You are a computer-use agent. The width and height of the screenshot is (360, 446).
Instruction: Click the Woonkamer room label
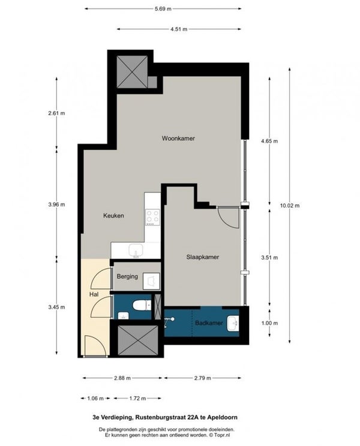point(178,138)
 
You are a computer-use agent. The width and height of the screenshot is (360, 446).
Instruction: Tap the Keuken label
point(113,216)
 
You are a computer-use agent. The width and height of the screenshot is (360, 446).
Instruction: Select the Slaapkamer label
point(203,257)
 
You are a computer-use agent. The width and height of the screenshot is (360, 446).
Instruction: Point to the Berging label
point(127,276)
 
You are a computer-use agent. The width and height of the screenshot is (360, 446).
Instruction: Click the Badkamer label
point(209,323)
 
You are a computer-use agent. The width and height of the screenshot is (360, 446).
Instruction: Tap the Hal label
point(94,294)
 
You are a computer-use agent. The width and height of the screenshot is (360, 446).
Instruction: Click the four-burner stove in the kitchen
point(152,218)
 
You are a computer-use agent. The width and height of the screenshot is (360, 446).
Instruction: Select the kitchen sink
point(136,251)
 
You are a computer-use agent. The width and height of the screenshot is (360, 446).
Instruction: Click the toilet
point(142,306)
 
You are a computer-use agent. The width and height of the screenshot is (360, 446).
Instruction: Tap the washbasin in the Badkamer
point(233,323)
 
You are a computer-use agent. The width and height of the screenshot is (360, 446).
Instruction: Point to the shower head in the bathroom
point(169,320)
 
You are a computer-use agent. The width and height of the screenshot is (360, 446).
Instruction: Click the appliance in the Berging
point(151,281)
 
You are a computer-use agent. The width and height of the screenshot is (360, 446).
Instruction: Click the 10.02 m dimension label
point(290,206)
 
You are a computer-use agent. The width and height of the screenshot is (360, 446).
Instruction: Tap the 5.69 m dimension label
point(163,8)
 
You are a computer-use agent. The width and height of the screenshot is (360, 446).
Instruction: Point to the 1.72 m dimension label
point(137,398)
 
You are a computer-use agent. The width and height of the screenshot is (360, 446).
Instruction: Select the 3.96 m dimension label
point(56,204)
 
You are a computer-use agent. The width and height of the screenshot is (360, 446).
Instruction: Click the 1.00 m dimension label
point(269,323)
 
